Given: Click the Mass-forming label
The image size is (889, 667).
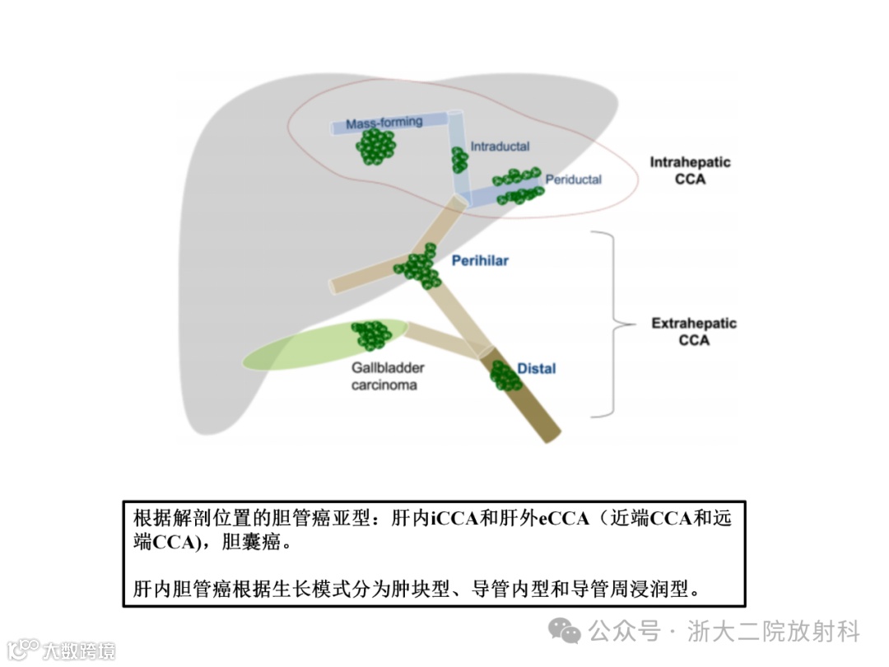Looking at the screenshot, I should click(x=384, y=123).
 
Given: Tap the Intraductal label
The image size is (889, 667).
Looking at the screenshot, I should click(x=500, y=147).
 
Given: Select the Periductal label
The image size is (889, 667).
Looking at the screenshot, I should click(x=574, y=180).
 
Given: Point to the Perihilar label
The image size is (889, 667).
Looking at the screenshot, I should click(x=480, y=261).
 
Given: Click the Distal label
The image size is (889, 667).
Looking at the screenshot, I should click(x=536, y=368).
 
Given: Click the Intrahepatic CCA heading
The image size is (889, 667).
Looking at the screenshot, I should click(x=690, y=170).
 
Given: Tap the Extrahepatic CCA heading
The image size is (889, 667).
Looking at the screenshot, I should click(x=694, y=331).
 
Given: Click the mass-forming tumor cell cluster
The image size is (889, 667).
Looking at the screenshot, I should click(x=376, y=147).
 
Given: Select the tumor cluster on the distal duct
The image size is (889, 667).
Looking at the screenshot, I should click(x=503, y=375).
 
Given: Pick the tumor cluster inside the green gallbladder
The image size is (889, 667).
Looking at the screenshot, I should click(x=371, y=334).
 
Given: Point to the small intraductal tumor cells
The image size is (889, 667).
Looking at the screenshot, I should click(x=458, y=159).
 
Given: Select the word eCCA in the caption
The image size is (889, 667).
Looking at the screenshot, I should click(x=564, y=519).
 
